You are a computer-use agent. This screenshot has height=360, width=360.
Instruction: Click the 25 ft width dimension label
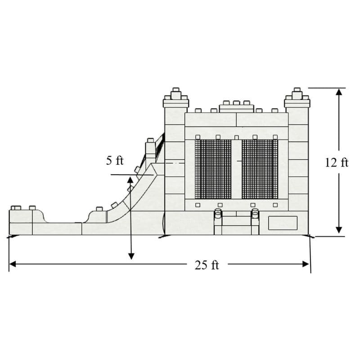207,265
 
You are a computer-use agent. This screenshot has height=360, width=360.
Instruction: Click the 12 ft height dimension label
337,163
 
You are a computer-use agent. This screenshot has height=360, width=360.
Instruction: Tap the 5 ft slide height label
115,160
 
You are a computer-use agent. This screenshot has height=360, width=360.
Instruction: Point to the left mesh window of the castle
213,169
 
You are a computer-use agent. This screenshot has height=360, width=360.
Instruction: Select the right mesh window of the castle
260,169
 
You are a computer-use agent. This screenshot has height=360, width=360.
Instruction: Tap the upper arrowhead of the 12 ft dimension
339,92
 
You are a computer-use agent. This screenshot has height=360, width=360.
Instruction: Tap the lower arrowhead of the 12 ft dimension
339,230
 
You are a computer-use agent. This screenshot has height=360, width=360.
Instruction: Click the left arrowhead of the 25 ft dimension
13,264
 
